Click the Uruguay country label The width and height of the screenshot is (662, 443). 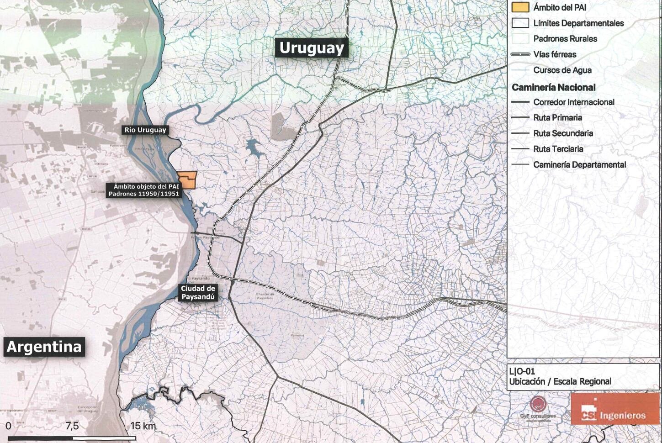(x=312, y=47)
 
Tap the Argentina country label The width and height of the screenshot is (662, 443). (x=44, y=347)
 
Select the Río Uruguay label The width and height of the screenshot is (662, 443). (x=145, y=130)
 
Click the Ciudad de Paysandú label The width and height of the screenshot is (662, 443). (x=198, y=292)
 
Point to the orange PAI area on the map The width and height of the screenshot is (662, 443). (x=188, y=180)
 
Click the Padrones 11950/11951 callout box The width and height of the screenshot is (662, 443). (x=144, y=190)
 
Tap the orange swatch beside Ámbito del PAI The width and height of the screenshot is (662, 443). (x=520, y=7)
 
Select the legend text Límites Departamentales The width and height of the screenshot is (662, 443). (x=578, y=23)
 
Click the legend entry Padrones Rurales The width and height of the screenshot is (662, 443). (x=565, y=39)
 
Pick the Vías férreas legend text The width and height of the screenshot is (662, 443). (x=555, y=54)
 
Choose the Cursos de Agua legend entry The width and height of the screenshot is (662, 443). (x=562, y=70)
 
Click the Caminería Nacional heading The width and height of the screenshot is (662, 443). (x=553, y=87)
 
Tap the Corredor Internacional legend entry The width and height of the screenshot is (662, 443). (x=574, y=102)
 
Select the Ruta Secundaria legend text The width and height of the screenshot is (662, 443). (x=563, y=133)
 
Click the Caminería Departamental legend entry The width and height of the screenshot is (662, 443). (x=579, y=164)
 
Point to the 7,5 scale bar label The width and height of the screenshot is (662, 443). (x=72, y=426)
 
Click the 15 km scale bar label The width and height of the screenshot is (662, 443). (x=143, y=426)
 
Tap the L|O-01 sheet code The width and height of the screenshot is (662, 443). (x=522, y=371)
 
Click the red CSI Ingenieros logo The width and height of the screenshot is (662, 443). (x=615, y=409)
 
